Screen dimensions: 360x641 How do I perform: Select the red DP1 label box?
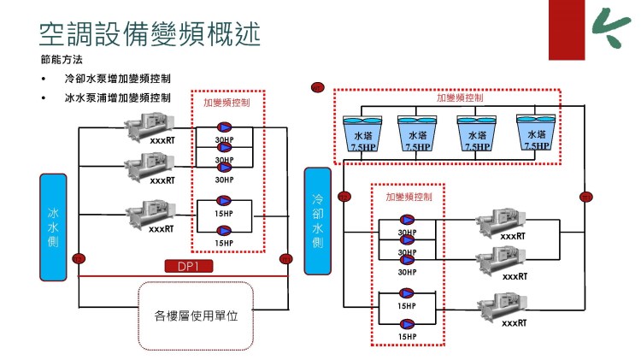click(x=188, y=267)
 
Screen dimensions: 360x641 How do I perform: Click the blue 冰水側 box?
click(x=53, y=227)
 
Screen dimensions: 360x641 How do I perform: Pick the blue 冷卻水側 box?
click(x=317, y=221)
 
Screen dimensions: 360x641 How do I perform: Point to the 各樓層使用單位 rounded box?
click(x=196, y=316)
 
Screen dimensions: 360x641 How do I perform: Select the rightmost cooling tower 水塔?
click(x=537, y=133)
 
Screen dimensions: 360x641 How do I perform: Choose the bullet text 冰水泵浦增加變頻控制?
click(x=118, y=97)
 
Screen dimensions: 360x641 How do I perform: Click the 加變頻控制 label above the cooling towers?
click(x=460, y=97)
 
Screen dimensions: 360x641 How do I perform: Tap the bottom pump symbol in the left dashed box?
click(x=225, y=229)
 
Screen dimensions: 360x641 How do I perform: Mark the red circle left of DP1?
click(x=79, y=258)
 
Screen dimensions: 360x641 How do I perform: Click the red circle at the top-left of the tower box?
click(x=318, y=86)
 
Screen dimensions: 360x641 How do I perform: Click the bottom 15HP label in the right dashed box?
click(x=407, y=337)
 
